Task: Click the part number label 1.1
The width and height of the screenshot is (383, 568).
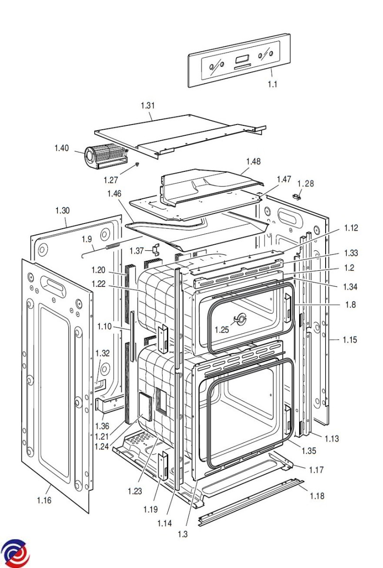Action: (273, 85)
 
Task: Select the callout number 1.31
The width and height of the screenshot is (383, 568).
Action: (148, 106)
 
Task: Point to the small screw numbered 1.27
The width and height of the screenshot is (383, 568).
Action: (137, 164)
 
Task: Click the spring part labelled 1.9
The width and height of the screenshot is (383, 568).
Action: (112, 246)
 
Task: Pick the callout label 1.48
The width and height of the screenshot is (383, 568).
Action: (254, 161)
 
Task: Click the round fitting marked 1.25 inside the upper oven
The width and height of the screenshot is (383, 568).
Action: (242, 320)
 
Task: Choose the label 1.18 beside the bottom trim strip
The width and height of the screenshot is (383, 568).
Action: (318, 496)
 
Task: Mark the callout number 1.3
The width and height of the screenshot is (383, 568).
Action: (183, 534)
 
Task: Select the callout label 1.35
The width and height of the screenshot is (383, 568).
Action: (309, 451)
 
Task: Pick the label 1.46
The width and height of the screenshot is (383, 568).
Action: (115, 194)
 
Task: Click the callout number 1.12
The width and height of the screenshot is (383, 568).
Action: (351, 228)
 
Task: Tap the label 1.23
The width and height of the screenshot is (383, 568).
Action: (135, 491)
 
